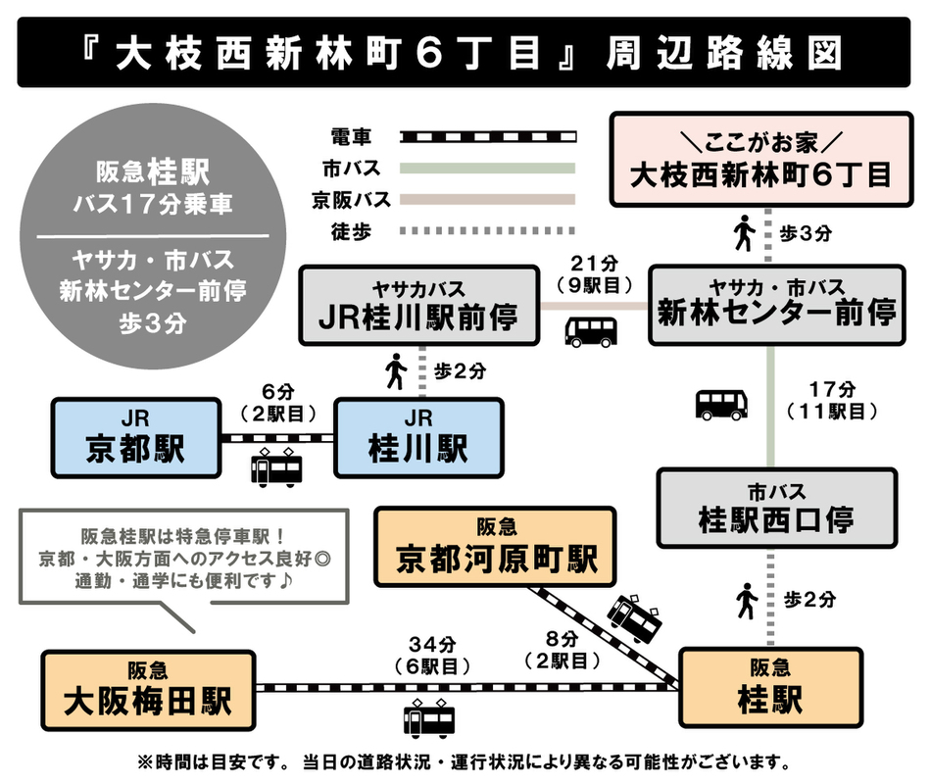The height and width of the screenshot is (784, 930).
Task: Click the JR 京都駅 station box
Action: coord(136,437)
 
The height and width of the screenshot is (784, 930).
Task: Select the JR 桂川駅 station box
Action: coord(418,437)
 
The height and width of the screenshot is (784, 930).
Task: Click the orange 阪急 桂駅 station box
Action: coord(770,687)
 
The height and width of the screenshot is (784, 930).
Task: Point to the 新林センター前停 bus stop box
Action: coord(775,303)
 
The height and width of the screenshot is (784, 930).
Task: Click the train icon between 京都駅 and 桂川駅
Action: coord(275,467)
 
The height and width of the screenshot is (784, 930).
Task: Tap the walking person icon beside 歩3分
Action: coord(744,233)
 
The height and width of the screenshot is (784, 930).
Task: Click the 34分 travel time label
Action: coord(429,645)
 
